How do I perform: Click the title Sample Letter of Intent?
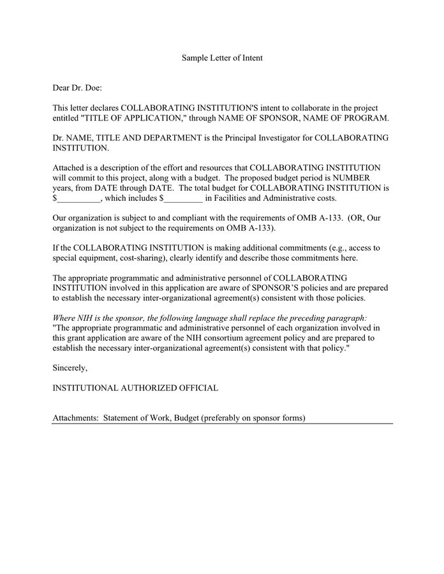click(x=222, y=58)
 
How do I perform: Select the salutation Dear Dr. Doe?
click(x=77, y=87)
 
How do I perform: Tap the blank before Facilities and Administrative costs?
click(x=184, y=198)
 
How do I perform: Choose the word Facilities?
click(x=232, y=198)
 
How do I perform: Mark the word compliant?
click(x=185, y=217)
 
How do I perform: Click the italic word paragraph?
click(x=343, y=317)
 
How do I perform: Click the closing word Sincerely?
click(x=70, y=368)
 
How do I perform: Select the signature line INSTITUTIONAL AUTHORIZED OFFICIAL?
click(x=135, y=388)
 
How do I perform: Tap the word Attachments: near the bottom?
click(x=75, y=418)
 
